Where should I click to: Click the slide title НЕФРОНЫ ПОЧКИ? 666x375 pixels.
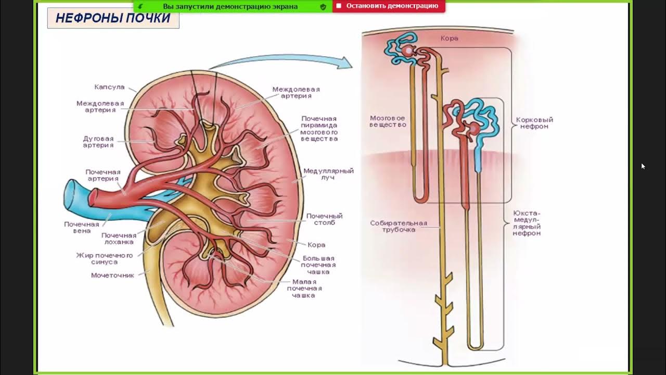(113, 18)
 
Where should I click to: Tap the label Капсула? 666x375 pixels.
(109, 87)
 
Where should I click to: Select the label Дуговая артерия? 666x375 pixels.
(98, 142)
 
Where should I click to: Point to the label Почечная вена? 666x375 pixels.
(82, 228)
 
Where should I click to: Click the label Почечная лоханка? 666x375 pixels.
(118, 239)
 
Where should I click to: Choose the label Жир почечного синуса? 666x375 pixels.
(105, 258)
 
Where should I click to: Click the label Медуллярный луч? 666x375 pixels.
(328, 174)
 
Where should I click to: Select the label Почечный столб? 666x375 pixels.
(324, 219)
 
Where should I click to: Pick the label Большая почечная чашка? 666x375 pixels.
(318, 265)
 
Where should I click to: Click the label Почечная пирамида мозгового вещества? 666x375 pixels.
(319, 129)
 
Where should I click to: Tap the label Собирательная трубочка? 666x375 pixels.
(398, 226)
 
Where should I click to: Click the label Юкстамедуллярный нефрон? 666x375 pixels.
(527, 223)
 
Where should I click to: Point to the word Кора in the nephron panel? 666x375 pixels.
(449, 39)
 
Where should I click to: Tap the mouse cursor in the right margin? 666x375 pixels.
(643, 166)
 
